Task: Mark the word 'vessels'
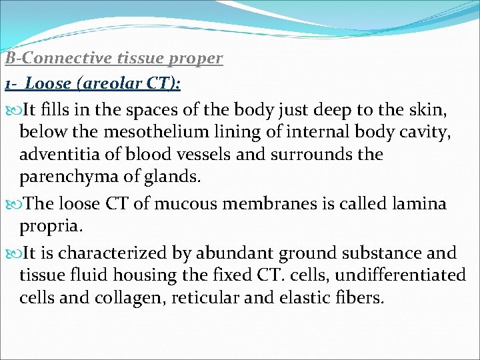[x=208, y=155]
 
